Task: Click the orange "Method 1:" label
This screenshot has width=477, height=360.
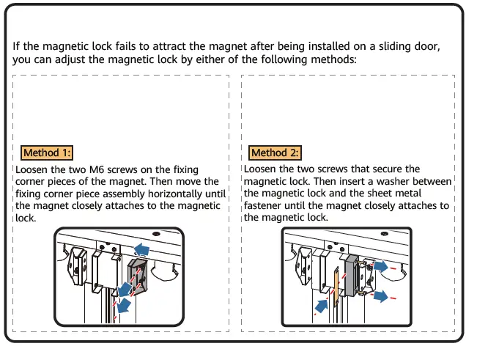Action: click(x=47, y=153)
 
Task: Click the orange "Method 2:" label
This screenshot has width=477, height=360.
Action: click(x=275, y=153)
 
